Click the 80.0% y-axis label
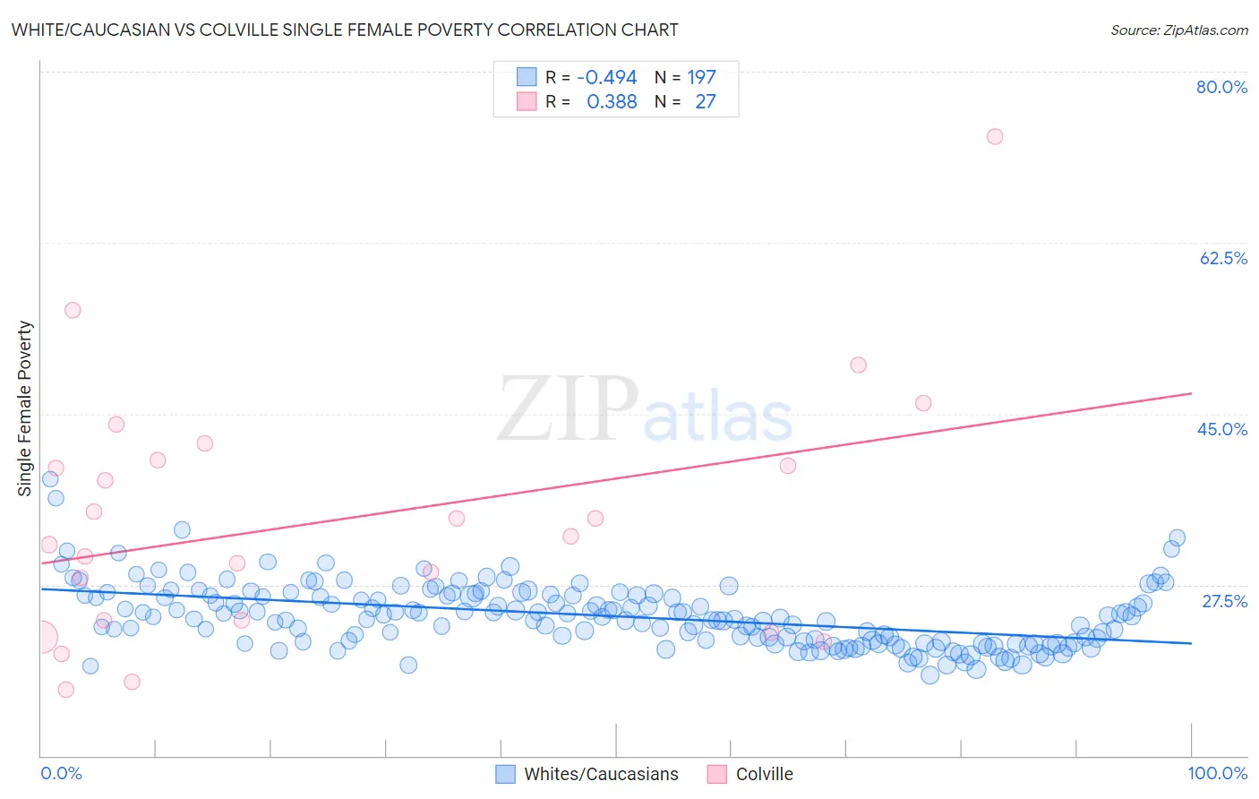coord(1221,87)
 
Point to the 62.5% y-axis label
coord(1223,258)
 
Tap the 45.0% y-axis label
coord(1222,429)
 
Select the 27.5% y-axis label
coord(1224,601)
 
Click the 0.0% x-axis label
coord(61,773)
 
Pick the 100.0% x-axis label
coord(1217,773)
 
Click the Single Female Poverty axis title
coord(25,408)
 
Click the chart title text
coord(345,30)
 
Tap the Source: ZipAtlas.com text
coord(1178,30)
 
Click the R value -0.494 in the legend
coord(606,78)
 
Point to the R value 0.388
coord(612,102)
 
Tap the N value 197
coord(701,78)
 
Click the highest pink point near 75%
coord(994,137)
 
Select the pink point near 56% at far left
coord(73,310)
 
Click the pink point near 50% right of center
coord(858,365)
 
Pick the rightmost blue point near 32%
coord(1177,537)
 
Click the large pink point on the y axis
coord(40,638)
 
